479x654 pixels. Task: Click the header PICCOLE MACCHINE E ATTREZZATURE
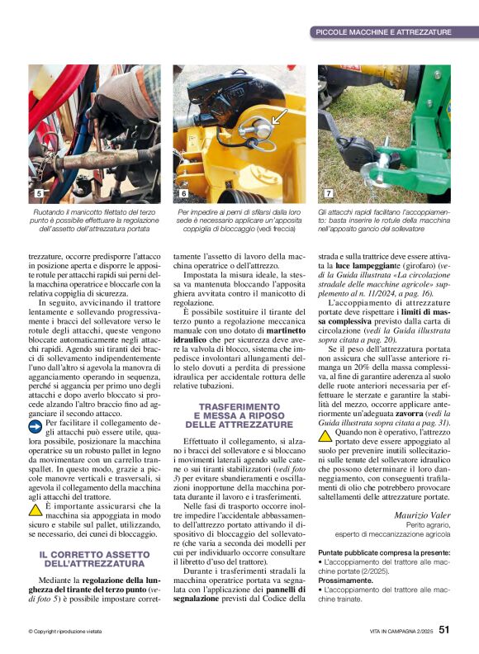(x=383, y=32)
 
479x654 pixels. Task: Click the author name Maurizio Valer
(x=420, y=516)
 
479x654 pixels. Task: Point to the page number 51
(x=444, y=631)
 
